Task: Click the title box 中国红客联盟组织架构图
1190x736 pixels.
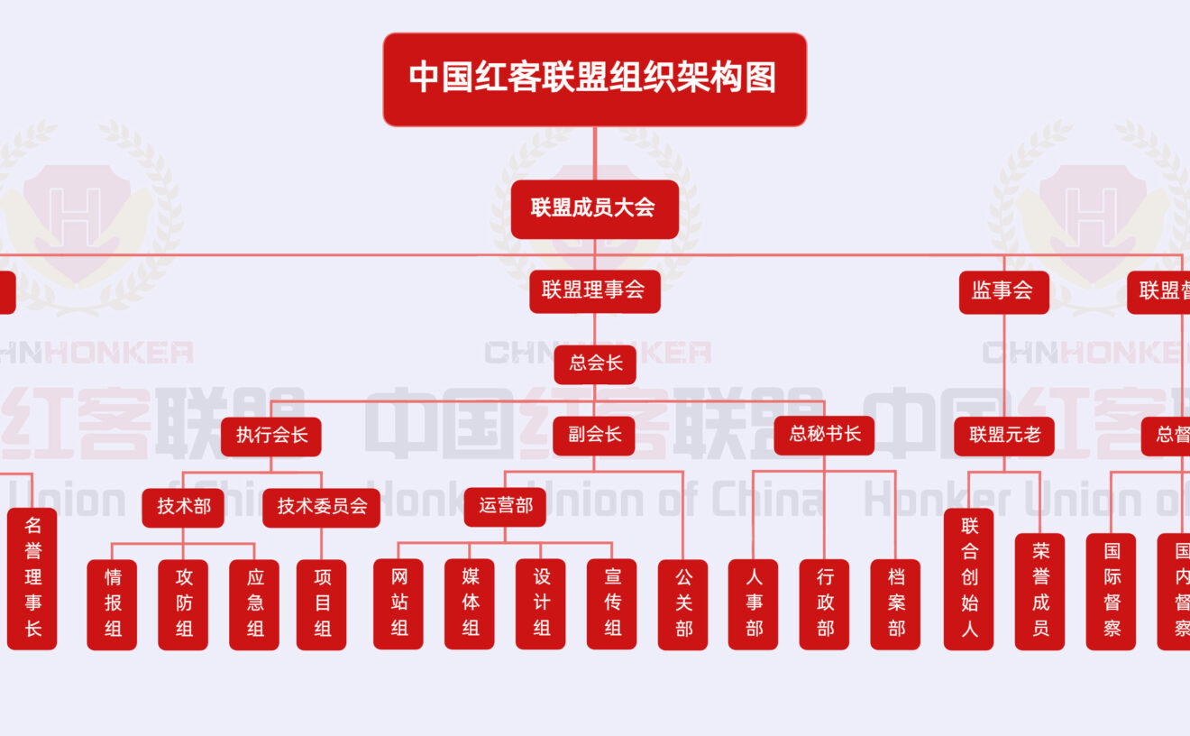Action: [x=594, y=79]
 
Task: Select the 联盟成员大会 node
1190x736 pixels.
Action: [x=594, y=208]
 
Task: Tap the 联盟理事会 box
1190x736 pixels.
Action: [x=594, y=290]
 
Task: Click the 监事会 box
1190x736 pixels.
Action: [x=1002, y=290]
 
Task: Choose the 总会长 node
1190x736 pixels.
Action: [x=595, y=363]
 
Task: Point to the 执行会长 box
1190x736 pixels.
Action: [x=271, y=436]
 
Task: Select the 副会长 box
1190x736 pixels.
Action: [x=594, y=436]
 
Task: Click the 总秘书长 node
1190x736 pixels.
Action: [x=824, y=435]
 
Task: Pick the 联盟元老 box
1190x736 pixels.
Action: [x=1004, y=436]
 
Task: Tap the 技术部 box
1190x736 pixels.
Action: [x=183, y=507]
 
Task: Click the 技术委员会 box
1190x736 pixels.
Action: [x=321, y=507]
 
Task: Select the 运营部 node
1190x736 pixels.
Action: [x=505, y=507]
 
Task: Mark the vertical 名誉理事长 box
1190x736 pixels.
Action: [x=32, y=578]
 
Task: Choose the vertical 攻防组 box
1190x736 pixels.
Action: [x=183, y=603]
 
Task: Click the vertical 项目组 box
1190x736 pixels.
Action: [x=322, y=603]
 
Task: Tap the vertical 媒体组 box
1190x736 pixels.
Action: [x=470, y=603]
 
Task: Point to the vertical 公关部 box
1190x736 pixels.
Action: [x=682, y=603]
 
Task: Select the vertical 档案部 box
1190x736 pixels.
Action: [x=895, y=603]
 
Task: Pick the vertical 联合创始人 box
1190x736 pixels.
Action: [x=968, y=578]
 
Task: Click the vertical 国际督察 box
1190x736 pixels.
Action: [x=1111, y=603]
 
